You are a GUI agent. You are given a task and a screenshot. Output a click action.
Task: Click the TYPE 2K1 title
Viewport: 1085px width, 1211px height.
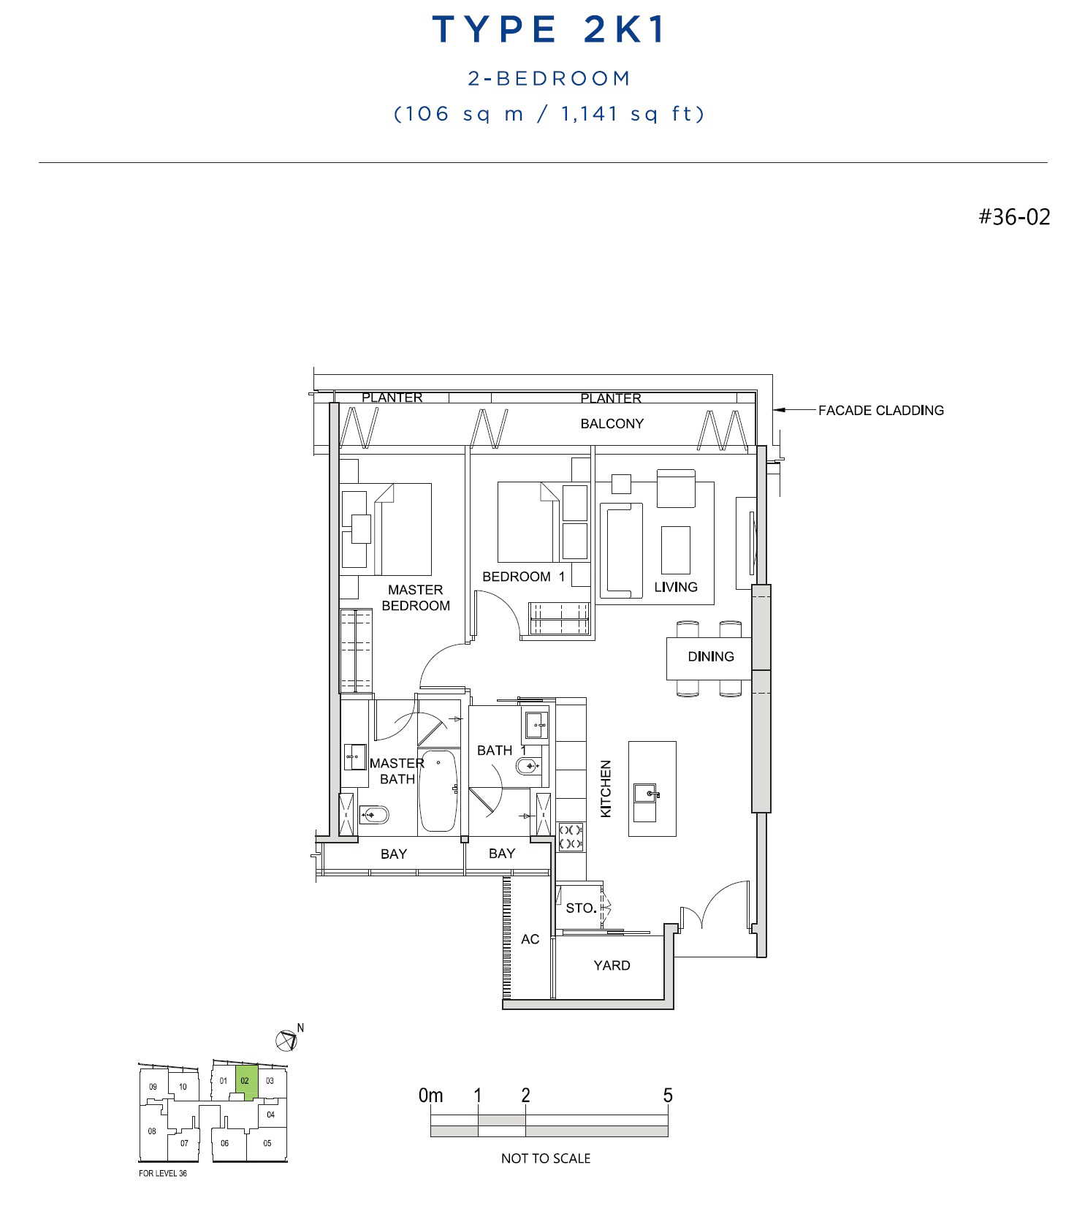pyautogui.click(x=549, y=29)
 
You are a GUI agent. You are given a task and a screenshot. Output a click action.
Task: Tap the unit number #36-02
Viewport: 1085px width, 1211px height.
pyautogui.click(x=1014, y=217)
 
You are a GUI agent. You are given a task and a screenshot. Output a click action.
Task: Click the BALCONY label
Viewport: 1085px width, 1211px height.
pyautogui.click(x=612, y=424)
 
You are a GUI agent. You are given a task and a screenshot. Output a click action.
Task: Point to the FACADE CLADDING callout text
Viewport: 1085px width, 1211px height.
pyautogui.click(x=880, y=411)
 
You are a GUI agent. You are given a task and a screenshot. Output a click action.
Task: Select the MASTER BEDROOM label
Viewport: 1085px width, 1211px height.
pyautogui.click(x=416, y=598)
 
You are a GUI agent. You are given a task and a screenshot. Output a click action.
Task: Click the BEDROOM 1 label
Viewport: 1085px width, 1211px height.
pyautogui.click(x=523, y=577)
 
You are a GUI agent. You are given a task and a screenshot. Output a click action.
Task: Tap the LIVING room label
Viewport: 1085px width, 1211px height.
pyautogui.click(x=676, y=587)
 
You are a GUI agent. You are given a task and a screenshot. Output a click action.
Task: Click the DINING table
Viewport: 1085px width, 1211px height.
pyautogui.click(x=709, y=658)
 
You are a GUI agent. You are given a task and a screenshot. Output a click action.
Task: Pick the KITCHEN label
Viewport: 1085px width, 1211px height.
pyautogui.click(x=606, y=789)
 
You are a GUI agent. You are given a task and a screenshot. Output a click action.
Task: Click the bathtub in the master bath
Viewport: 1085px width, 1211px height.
pyautogui.click(x=438, y=791)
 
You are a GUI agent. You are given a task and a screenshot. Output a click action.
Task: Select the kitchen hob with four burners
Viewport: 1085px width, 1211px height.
pyautogui.click(x=571, y=837)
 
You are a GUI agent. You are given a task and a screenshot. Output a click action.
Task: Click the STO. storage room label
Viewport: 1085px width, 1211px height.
pyautogui.click(x=581, y=908)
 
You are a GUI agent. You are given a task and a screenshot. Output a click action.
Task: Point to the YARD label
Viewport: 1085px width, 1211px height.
pyautogui.click(x=612, y=965)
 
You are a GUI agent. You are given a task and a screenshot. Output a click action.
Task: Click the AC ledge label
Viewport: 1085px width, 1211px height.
pyautogui.click(x=530, y=939)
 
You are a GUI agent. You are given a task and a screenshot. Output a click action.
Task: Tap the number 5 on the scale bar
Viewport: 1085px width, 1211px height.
pyautogui.click(x=668, y=1095)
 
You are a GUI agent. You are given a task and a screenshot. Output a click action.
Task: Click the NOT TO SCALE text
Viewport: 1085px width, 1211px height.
pyautogui.click(x=546, y=1158)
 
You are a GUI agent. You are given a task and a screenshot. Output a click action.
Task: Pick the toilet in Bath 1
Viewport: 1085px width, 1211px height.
pyautogui.click(x=528, y=766)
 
